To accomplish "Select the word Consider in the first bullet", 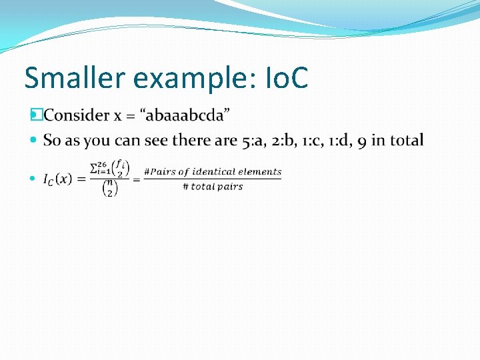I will point(77,115).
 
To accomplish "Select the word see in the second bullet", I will point(159,141).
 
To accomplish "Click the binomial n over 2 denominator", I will point(109,189).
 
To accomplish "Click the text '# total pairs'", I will point(212,187).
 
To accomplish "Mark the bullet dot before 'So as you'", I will point(35,141).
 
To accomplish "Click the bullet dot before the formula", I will point(35,179).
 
